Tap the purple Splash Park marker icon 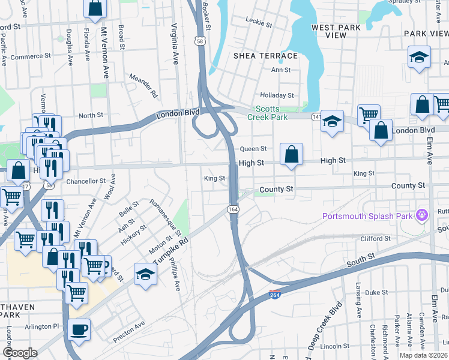pos(423,214)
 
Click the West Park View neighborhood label pos(336,31)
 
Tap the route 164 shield pos(233,209)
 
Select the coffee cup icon pos(79,329)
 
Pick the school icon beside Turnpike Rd pos(145,274)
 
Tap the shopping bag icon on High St pos(291,154)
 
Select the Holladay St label pos(277,95)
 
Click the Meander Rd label pos(144,86)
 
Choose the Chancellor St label pos(86,181)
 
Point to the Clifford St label pos(376,239)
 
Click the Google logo pos(20,353)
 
